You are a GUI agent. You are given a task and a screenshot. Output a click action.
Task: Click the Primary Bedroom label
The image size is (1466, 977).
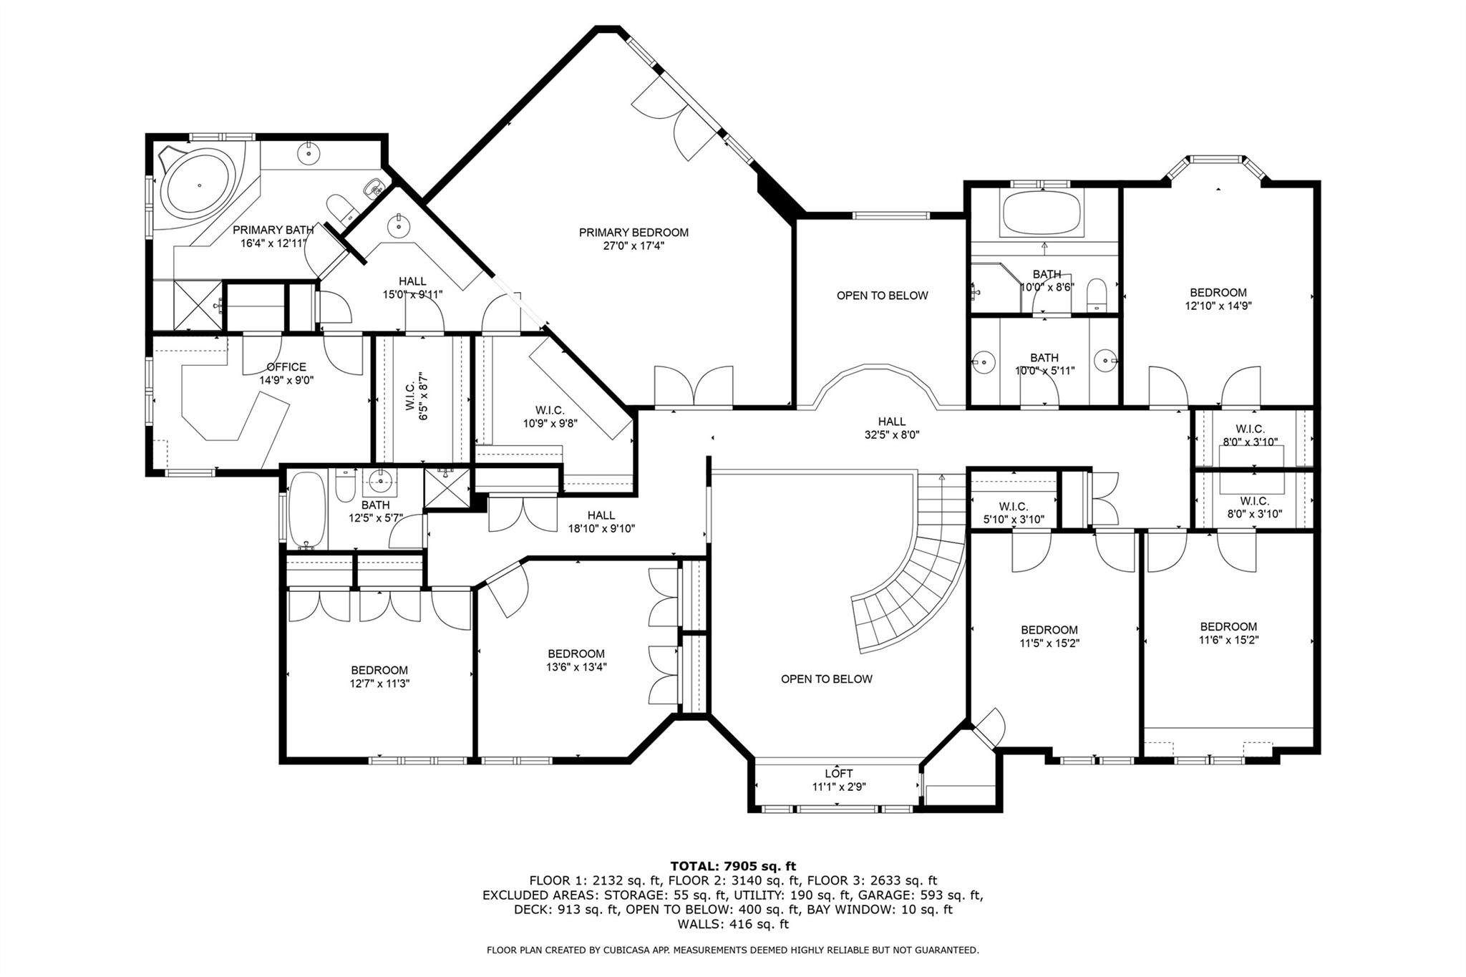click(x=634, y=233)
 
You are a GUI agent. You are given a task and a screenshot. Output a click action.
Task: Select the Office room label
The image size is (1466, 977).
click(x=286, y=367)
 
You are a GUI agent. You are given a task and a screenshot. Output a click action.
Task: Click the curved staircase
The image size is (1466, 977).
click(x=913, y=573)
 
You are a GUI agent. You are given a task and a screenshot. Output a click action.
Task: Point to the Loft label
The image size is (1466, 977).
click(x=839, y=774)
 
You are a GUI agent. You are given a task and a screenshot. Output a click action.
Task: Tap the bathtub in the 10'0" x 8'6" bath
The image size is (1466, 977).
click(x=1044, y=213)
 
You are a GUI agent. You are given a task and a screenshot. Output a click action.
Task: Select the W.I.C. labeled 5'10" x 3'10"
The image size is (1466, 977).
click(x=1013, y=513)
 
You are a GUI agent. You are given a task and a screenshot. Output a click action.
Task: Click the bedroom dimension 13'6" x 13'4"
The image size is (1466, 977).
click(x=576, y=667)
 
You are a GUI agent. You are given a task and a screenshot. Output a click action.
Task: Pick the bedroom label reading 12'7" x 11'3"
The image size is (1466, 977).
click(x=379, y=677)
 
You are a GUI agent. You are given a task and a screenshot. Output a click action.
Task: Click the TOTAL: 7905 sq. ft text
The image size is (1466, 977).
click(x=733, y=866)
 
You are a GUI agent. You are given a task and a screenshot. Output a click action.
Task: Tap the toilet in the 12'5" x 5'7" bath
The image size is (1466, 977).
click(x=345, y=485)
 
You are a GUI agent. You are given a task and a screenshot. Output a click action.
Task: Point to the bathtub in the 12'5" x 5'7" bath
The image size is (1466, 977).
click(x=307, y=510)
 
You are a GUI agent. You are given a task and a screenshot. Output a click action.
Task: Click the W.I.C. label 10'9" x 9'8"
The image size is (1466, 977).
click(x=550, y=417)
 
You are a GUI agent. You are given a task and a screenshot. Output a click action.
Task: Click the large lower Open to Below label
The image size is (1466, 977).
click(x=827, y=679)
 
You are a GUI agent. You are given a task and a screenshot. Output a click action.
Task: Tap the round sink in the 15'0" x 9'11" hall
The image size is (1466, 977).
click(x=398, y=227)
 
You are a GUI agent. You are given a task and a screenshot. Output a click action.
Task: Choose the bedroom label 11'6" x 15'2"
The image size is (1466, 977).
click(x=1228, y=633)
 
